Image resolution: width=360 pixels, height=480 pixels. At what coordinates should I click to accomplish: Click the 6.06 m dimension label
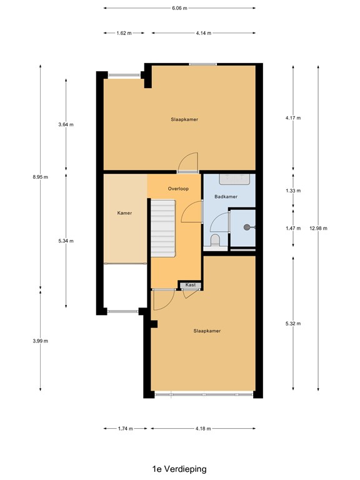pos(179,8)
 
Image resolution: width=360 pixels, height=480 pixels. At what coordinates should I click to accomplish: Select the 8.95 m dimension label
pos(41,177)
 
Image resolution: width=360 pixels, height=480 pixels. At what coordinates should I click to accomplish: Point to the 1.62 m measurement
pos(124,33)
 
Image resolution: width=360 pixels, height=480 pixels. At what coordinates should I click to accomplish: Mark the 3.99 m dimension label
pos(41,341)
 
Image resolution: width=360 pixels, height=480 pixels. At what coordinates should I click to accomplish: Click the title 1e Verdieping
pos(179,468)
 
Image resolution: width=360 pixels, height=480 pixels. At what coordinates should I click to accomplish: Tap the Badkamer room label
pos(226,196)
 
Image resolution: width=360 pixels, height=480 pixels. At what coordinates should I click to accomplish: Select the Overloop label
pos(178,188)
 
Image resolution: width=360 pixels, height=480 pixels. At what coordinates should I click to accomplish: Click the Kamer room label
pos(124,213)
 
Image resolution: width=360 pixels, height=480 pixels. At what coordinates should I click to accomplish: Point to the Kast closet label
pos(191,285)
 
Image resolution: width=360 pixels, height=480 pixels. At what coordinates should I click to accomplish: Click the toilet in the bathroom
pos(215,241)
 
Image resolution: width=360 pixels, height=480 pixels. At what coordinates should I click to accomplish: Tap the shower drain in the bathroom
pos(247,227)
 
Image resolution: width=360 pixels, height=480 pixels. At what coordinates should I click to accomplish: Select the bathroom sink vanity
pos(234,179)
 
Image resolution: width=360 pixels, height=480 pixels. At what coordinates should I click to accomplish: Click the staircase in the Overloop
pos(163,227)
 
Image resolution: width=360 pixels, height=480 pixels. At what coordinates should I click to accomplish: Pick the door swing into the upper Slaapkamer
pos(187,162)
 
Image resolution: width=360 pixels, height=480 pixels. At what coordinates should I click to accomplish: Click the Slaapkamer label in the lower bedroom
pos(207,331)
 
